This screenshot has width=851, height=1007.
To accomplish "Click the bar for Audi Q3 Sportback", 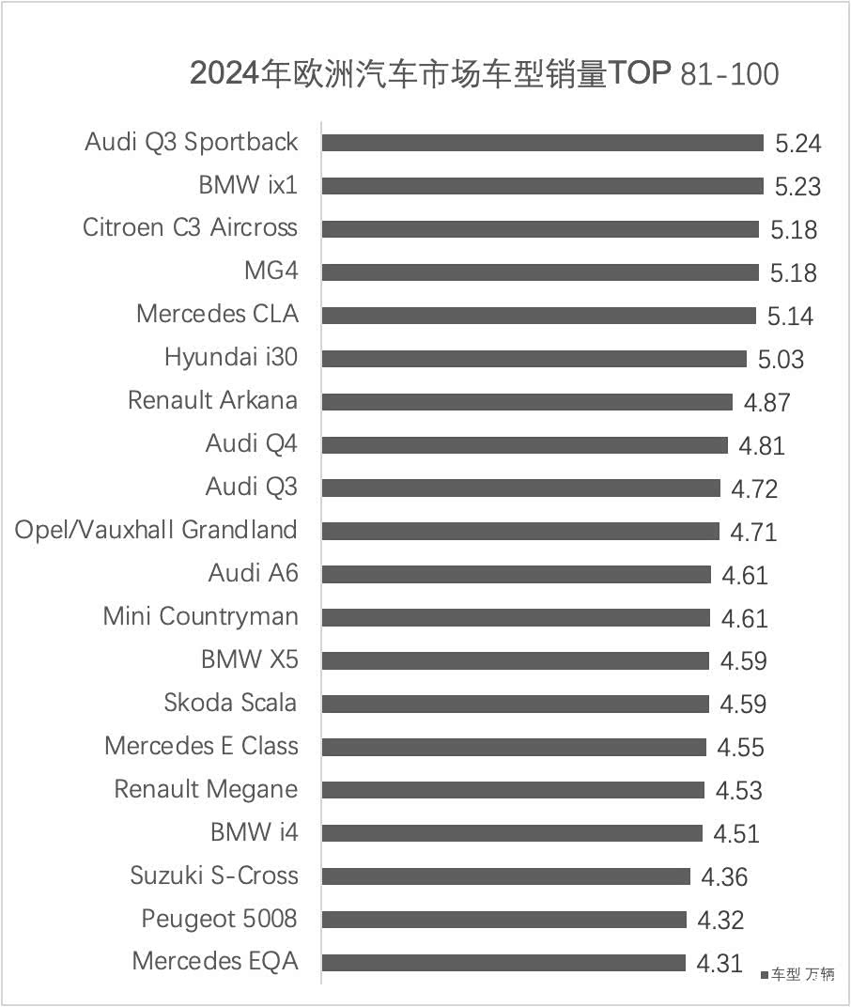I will tap(542, 143).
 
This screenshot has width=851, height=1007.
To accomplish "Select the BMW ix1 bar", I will tap(542, 186).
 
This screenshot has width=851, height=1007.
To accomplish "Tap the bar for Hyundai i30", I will tap(534, 359).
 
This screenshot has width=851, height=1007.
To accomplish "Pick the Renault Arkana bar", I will tap(527, 402).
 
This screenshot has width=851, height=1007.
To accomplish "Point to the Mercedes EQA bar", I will tap(503, 963).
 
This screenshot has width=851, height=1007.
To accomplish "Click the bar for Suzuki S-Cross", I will tap(505, 876).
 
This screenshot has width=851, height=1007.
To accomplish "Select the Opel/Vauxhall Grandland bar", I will tap(520, 532).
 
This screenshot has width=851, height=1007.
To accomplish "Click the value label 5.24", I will tap(797, 144).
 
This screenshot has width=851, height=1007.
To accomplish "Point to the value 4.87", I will tap(766, 403).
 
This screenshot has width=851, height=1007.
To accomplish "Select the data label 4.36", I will tap(724, 877).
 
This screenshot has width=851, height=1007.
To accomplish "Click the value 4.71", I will tap(753, 533).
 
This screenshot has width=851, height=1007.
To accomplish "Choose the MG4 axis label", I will tap(271, 271).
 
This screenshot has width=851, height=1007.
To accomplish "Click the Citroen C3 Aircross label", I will tap(190, 228).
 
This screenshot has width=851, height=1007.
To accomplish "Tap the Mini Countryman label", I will tap(200, 617).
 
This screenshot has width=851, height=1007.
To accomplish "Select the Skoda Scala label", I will tap(230, 703).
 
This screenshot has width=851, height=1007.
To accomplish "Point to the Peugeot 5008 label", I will tap(219, 919).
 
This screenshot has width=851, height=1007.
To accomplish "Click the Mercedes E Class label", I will tap(201, 746).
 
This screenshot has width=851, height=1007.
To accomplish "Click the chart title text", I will tap(484, 73).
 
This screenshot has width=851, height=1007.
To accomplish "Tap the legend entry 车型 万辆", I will tap(798, 975).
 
